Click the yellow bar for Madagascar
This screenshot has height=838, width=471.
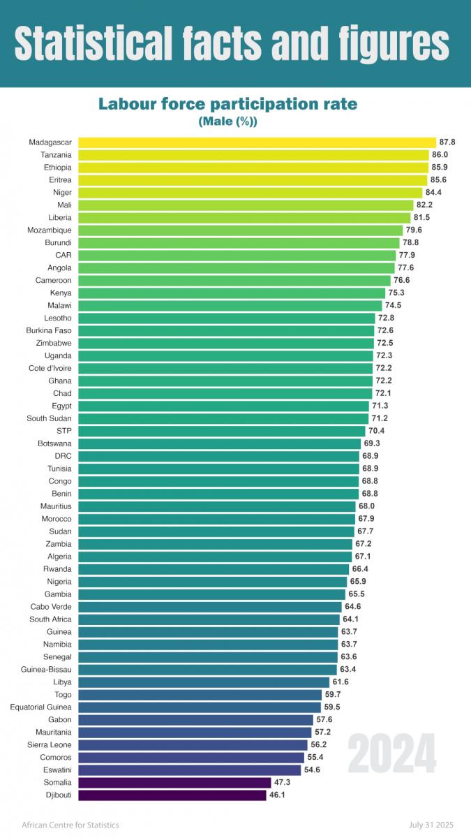tap(257, 142)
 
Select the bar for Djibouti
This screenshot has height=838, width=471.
tap(172, 795)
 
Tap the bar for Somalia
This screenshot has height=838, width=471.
tap(174, 782)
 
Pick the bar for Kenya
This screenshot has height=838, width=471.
tap(231, 293)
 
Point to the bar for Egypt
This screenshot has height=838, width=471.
tap(223, 406)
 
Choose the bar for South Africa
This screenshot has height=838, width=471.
tap(209, 619)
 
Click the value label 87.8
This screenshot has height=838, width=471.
tap(447, 142)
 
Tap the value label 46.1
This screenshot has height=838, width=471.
tap(277, 795)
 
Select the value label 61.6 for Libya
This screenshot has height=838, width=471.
tap(340, 682)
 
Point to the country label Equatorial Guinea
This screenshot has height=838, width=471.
tap(40, 707)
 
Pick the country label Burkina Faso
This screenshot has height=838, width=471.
tap(48, 330)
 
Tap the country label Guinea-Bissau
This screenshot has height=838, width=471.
tap(46, 669)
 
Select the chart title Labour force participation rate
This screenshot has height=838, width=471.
tap(227, 104)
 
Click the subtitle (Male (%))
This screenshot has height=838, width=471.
tap(227, 122)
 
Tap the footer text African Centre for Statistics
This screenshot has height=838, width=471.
tap(70, 825)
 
